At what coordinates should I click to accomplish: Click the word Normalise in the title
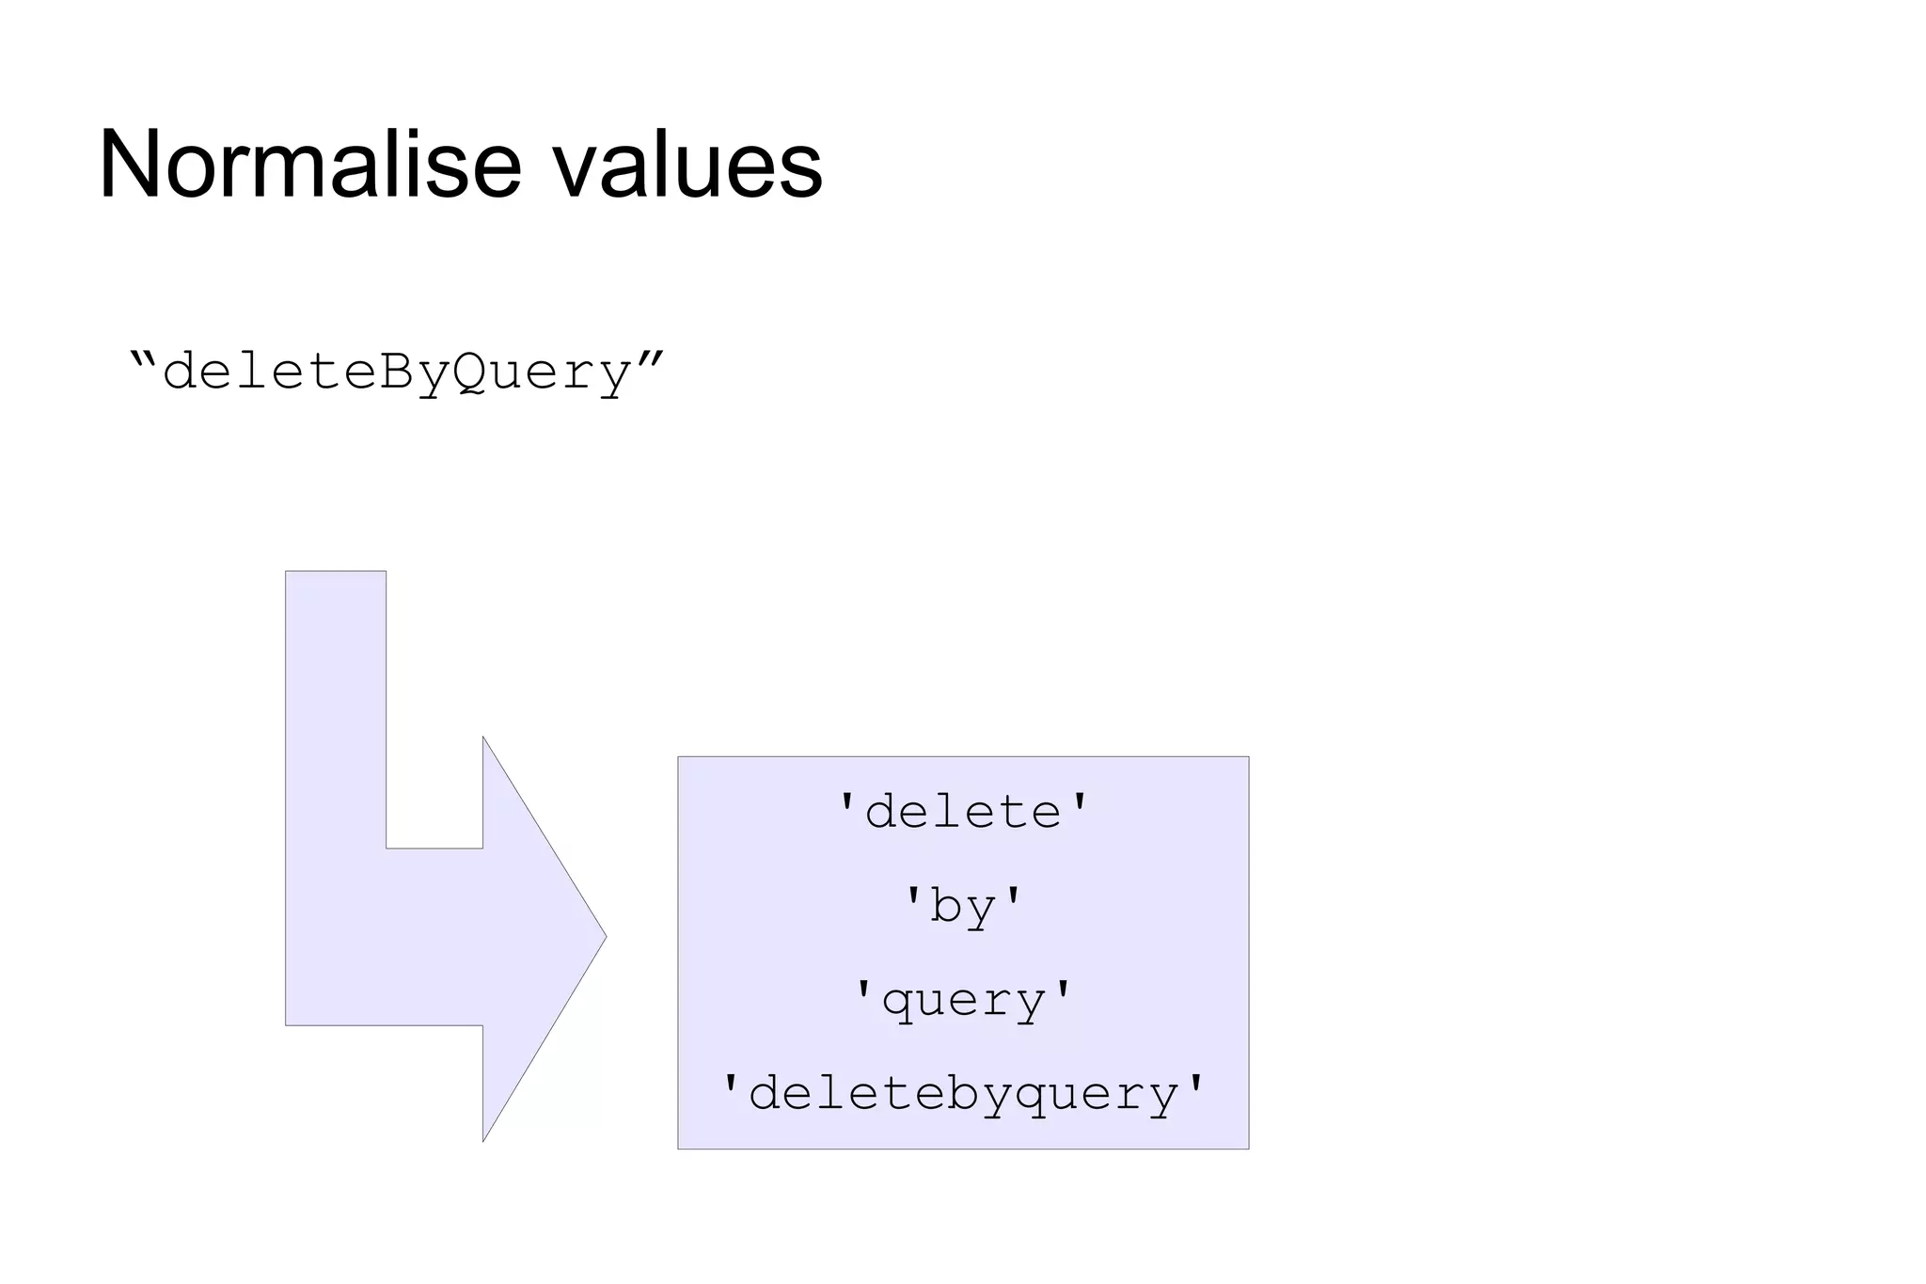point(309,165)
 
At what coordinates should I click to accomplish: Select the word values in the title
point(687,166)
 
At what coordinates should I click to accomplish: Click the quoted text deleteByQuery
point(396,373)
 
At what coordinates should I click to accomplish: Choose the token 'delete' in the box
point(963,812)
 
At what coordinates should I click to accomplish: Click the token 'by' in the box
point(963,907)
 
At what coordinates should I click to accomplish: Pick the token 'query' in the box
point(963,1000)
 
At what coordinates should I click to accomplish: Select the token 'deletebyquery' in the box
point(963,1094)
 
